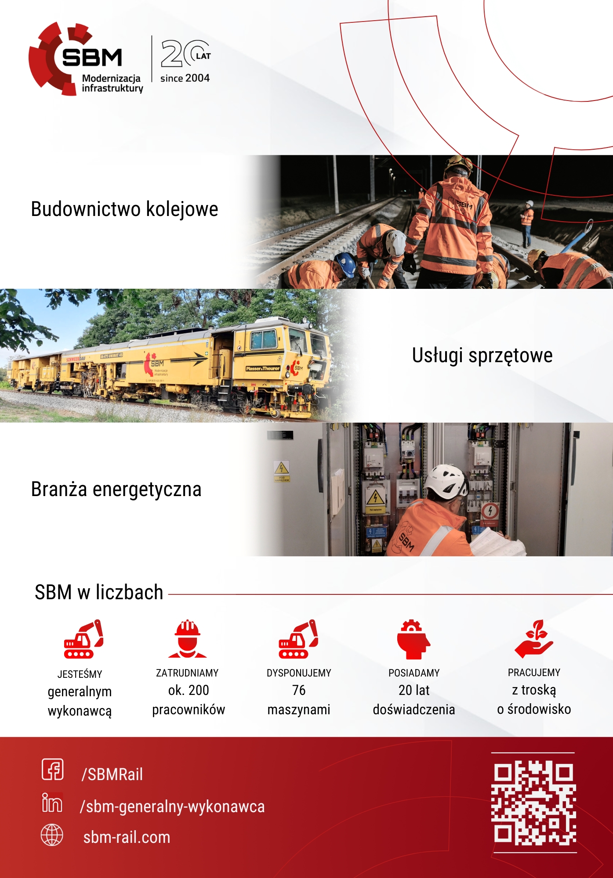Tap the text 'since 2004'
[185, 78]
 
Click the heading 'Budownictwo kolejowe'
[124, 209]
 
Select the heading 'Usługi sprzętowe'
[482, 356]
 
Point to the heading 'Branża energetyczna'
[116, 489]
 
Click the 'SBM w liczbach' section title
[99, 592]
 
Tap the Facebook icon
[53, 769]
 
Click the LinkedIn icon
[52, 802]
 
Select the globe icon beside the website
[52, 835]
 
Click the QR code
[533, 803]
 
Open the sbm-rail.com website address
[127, 837]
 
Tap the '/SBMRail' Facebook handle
[112, 774]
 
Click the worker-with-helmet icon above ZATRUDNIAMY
[188, 639]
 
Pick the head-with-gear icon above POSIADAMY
[414, 639]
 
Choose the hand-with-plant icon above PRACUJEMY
[534, 639]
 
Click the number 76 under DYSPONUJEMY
[299, 690]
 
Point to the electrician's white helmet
[447, 482]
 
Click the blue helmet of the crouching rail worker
[345, 264]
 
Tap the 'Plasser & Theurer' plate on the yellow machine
[263, 368]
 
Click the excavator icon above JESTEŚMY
[83, 639]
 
